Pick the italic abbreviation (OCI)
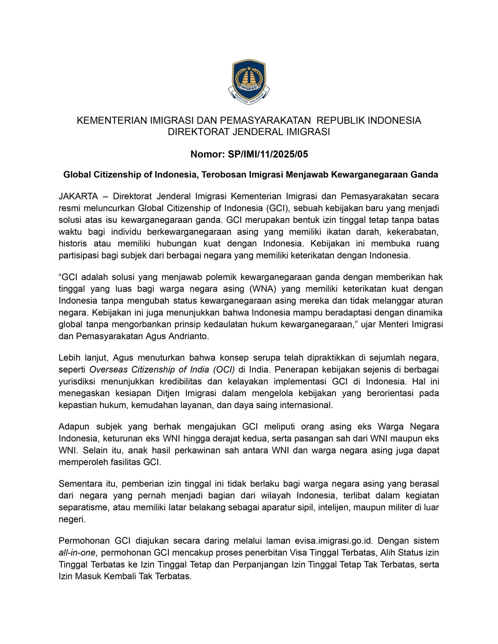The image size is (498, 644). (x=224, y=369)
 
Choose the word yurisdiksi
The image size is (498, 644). (x=77, y=381)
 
